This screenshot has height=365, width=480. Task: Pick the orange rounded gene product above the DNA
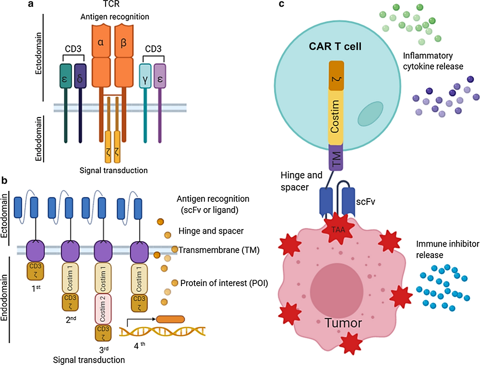coord(170,319)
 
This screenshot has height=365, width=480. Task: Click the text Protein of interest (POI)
coord(224,283)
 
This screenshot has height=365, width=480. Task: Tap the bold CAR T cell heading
coord(335,48)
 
